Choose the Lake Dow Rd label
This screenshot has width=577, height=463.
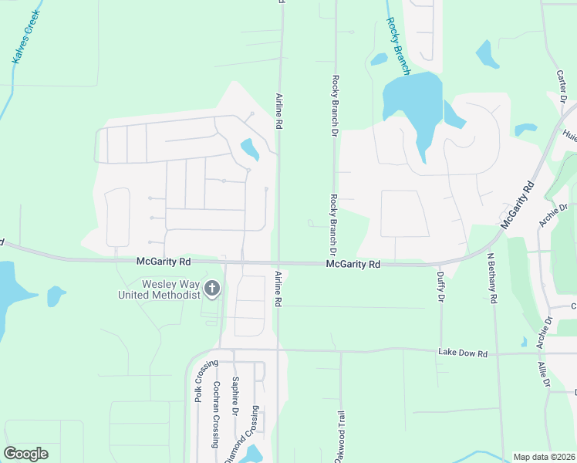(x=463, y=353)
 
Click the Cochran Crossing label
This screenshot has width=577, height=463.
(x=217, y=414)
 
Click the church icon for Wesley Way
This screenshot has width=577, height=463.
(x=211, y=290)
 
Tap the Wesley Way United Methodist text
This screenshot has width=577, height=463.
(x=158, y=289)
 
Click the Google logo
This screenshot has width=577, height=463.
(x=25, y=454)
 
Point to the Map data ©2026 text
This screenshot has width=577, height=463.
(x=544, y=457)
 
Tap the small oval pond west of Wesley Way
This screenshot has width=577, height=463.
(x=56, y=296)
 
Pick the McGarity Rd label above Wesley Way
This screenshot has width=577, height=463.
(x=164, y=262)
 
